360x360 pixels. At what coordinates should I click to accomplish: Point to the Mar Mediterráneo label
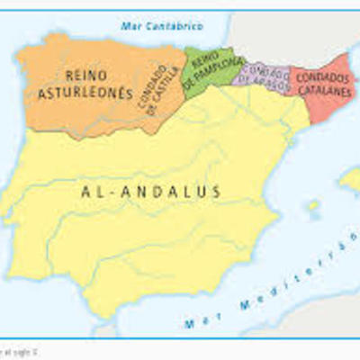click(270, 297)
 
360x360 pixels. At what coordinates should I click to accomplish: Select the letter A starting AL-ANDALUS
click(85, 191)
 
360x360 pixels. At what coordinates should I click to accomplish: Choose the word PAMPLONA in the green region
click(210, 74)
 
